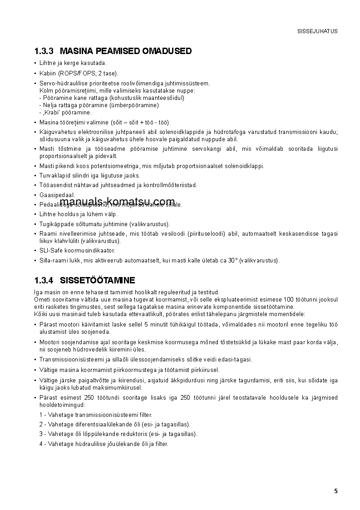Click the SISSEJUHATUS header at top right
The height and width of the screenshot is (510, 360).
pos(317,31)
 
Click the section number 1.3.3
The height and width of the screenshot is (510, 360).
pos(44,51)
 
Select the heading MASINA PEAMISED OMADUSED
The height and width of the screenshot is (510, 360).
pos(126,51)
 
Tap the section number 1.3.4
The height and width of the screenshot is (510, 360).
pos(44,280)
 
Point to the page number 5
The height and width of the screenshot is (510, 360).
pos(335,491)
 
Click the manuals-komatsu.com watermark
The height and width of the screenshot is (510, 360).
pos(117,202)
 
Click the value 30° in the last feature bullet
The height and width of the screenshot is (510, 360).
pos(233,260)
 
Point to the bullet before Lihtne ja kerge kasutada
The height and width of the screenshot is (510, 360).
pos(35,63)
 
